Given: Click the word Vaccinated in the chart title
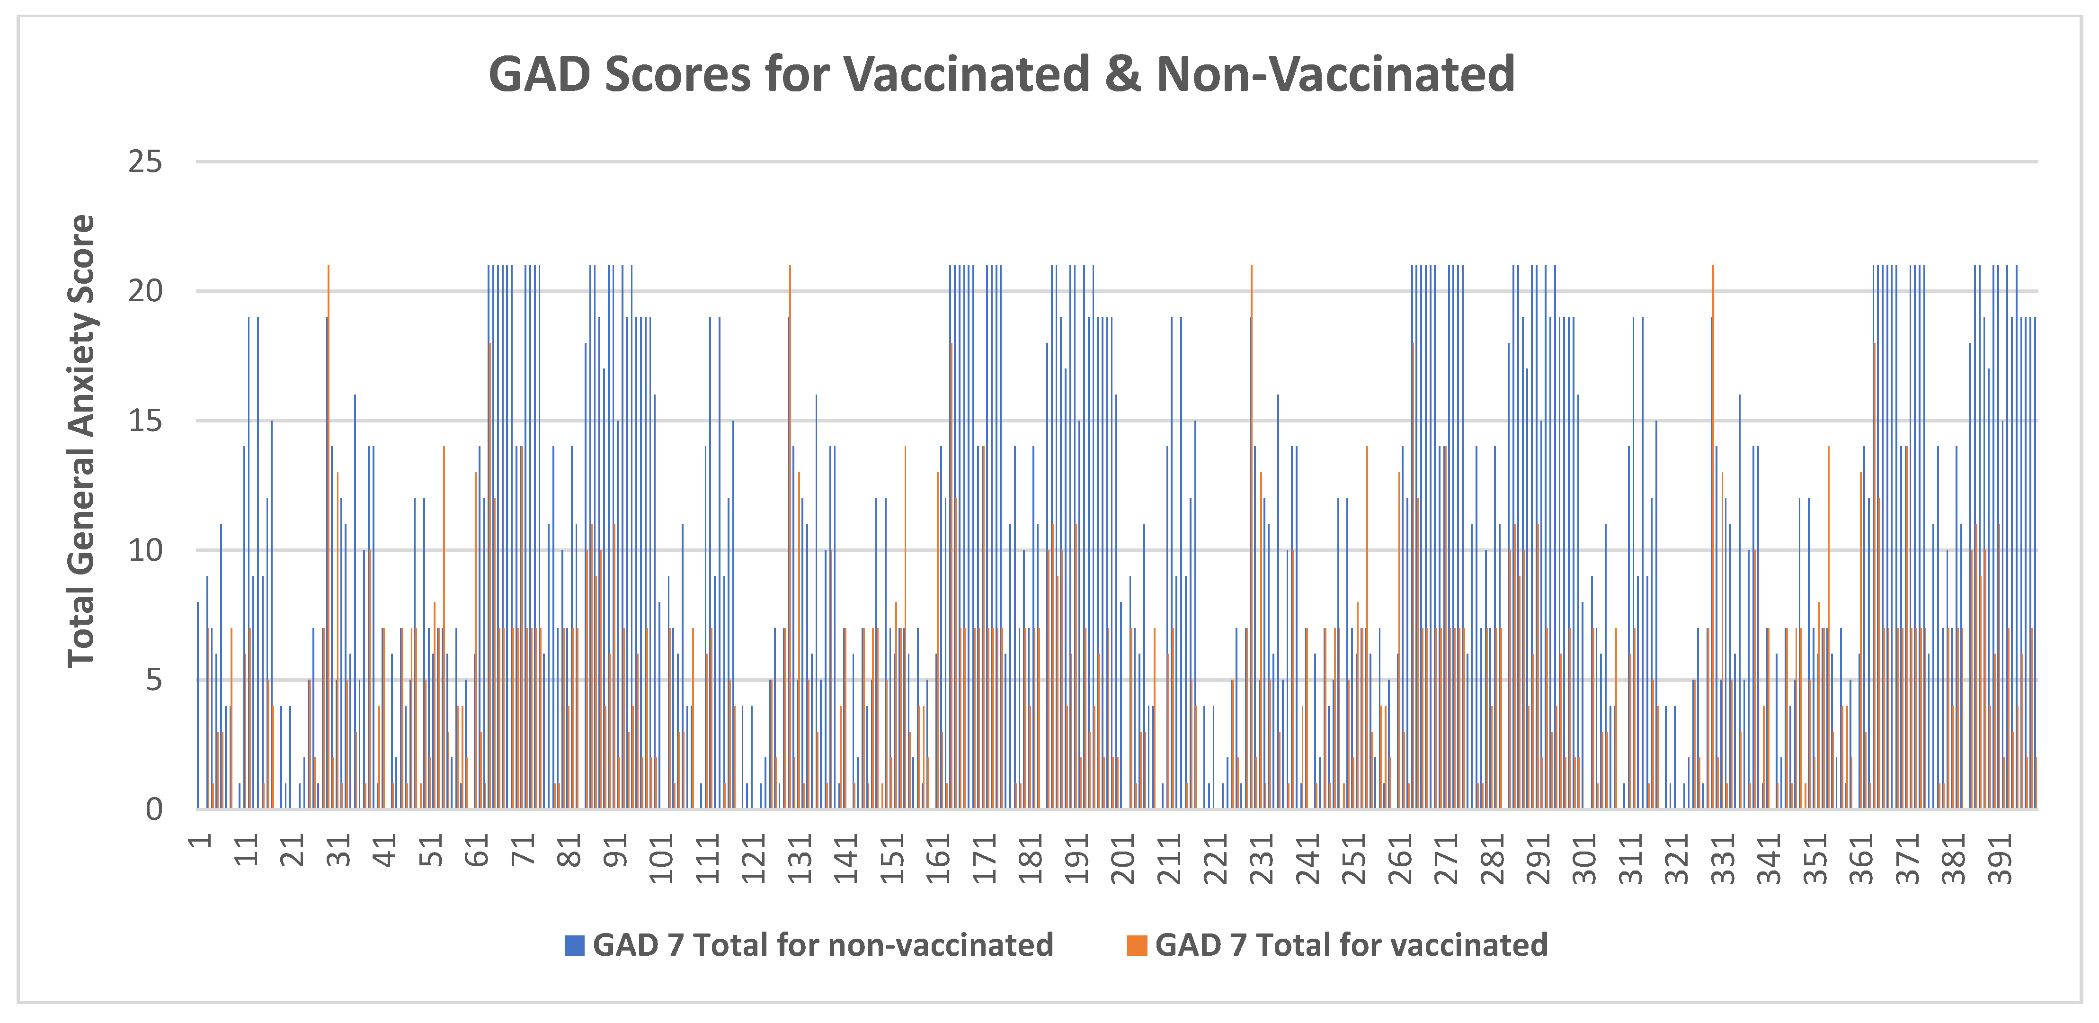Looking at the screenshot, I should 966,74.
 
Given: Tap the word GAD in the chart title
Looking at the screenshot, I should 539,74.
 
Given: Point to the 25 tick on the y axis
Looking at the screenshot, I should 145,162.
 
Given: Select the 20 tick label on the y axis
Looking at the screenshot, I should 145,291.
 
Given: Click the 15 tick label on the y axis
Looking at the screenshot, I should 145,421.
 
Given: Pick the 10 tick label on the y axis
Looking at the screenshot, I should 145,550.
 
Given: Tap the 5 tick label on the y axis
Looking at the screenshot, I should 154,680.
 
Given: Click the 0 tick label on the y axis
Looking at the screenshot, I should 154,809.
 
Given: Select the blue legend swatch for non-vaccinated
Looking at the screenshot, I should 574,945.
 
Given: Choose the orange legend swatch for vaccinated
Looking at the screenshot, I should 1137,945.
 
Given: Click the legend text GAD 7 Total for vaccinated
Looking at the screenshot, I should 1351,945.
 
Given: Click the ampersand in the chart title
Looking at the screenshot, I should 1124,74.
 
